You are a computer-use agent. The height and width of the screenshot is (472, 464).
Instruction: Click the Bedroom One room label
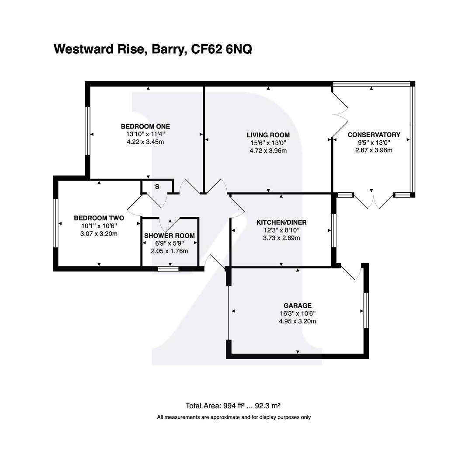click(145, 127)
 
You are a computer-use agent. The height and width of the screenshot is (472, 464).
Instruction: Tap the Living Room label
click(268, 135)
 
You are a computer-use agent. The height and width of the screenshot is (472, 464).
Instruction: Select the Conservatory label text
click(374, 135)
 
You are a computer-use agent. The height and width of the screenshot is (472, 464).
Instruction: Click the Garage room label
click(297, 305)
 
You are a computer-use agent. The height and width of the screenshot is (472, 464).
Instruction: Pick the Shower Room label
click(170, 236)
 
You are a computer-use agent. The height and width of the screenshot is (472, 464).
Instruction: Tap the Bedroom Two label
click(99, 218)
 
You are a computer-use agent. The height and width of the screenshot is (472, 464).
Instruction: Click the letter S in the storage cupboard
click(157, 187)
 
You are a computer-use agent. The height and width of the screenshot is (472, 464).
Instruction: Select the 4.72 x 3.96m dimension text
click(268, 151)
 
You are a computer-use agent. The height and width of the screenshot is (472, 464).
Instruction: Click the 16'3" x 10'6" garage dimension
click(297, 313)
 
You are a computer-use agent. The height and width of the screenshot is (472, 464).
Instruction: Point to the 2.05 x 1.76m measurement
click(170, 251)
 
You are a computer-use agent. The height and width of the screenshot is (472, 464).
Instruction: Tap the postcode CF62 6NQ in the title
click(221, 49)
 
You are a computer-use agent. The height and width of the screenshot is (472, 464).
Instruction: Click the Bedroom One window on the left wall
click(88, 131)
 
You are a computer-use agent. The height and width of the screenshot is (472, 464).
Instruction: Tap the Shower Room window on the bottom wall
click(168, 269)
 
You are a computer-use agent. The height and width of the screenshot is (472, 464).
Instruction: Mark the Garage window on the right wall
click(366, 310)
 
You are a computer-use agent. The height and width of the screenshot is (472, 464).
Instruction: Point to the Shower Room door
click(170, 224)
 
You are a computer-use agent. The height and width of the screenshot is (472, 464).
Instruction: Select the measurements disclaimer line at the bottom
click(234, 417)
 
